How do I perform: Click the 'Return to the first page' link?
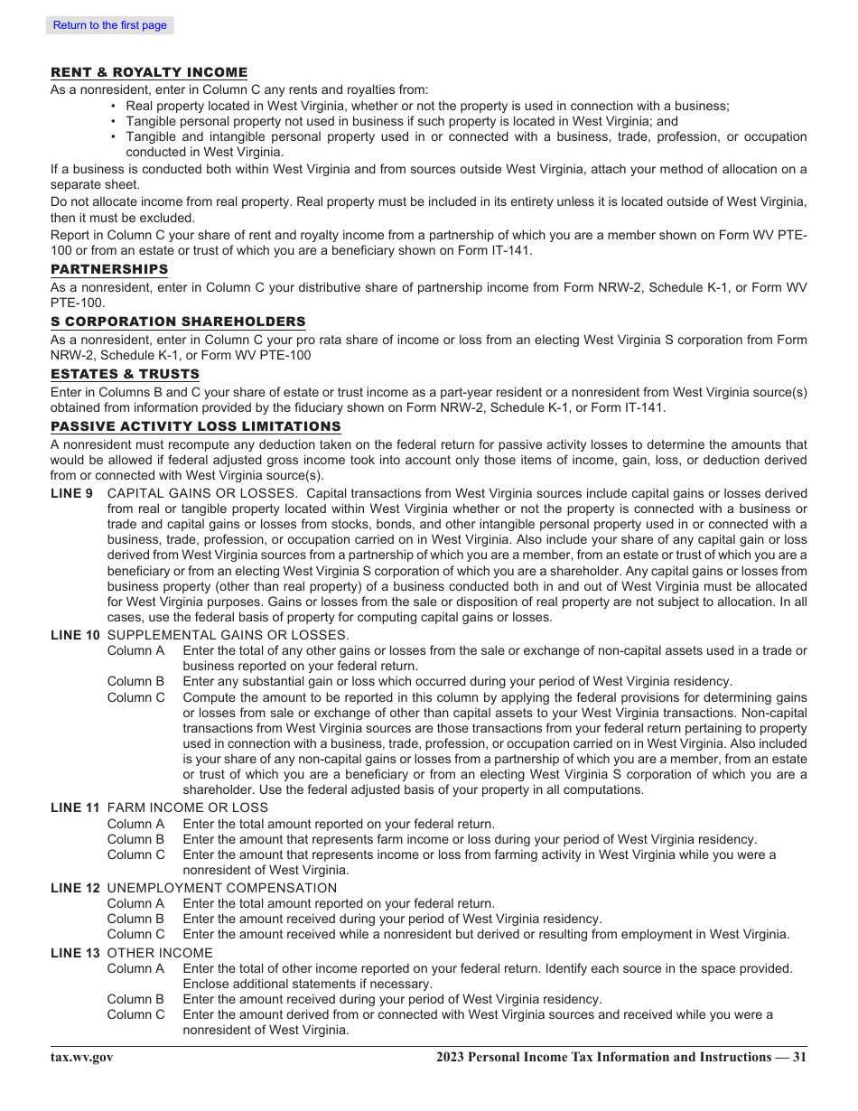(x=109, y=25)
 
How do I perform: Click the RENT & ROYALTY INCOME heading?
(x=149, y=72)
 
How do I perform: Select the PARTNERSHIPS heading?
(x=109, y=269)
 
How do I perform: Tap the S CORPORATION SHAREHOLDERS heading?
(x=178, y=322)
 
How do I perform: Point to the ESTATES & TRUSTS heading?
(x=125, y=374)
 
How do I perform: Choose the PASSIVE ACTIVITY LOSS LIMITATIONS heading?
(x=196, y=426)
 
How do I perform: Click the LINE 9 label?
(x=71, y=493)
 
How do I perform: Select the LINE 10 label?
(x=75, y=635)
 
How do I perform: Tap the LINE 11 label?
(x=75, y=808)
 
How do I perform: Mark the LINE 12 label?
(x=75, y=888)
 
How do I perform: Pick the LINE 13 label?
(x=75, y=953)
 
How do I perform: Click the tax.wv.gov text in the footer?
(x=82, y=1058)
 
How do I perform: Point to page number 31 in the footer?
(x=799, y=1058)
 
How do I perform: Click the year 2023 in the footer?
(x=450, y=1058)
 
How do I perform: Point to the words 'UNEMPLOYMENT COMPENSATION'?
(x=221, y=888)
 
